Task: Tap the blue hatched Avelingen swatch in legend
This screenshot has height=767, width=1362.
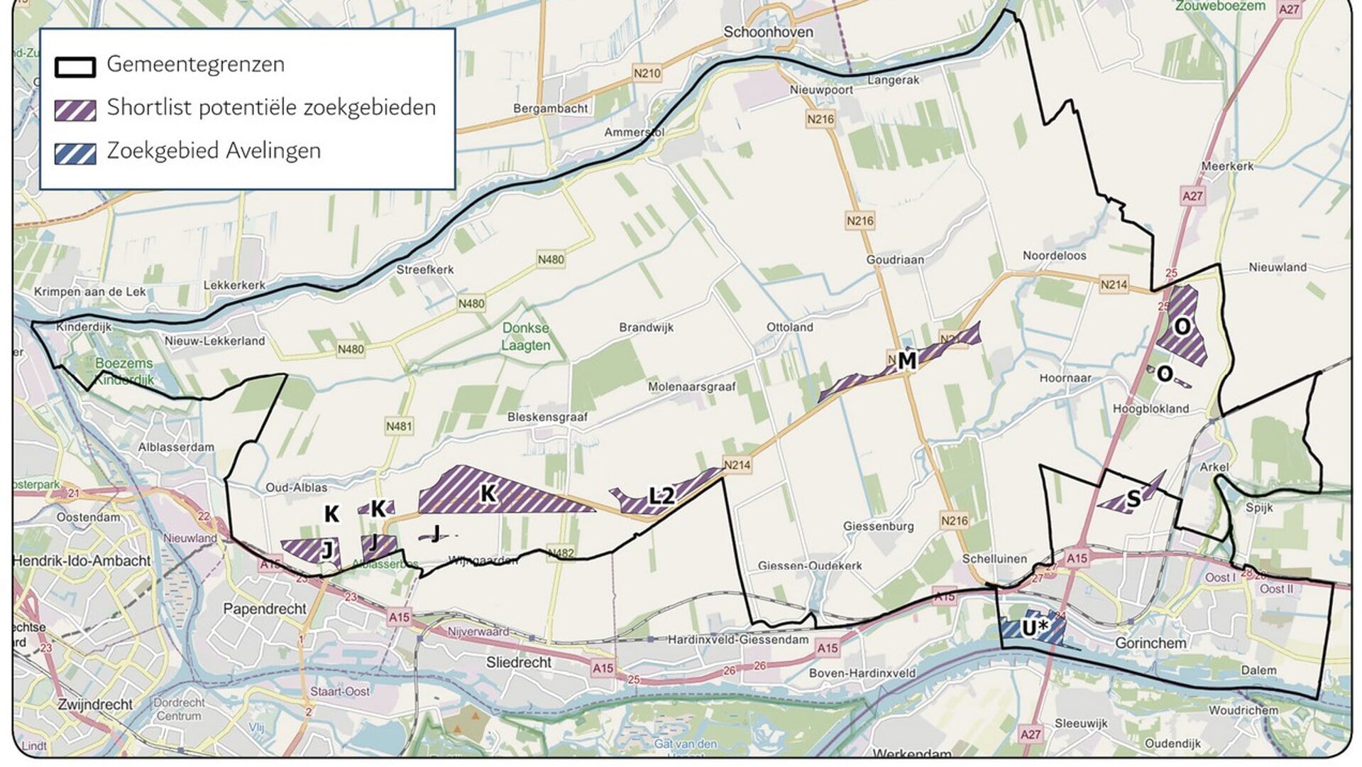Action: coord(75,153)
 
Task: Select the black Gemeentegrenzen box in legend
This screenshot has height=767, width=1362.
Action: coord(75,67)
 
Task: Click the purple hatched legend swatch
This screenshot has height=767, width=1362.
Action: coord(75,110)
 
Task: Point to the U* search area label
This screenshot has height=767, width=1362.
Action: coord(1035,628)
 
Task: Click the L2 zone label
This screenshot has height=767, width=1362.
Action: coord(661,496)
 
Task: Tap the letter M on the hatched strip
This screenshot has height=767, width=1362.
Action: coord(906,361)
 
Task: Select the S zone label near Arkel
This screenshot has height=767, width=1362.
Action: coord(1133,499)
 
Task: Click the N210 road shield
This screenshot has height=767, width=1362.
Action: coord(647,73)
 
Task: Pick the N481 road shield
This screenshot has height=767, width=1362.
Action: coord(399,426)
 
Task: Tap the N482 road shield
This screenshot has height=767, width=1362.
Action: coord(561,553)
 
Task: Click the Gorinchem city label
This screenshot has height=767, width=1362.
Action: coord(1150,643)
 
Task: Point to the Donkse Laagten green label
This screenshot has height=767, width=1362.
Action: coord(525,337)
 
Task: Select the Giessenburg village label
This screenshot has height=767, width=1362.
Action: coord(878,526)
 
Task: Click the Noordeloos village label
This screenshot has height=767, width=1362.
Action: coord(1054,256)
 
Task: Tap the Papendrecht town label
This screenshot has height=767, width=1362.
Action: coord(265,609)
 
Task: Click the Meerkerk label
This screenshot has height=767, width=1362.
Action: coord(1227,166)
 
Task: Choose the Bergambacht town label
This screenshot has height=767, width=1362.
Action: coord(551,109)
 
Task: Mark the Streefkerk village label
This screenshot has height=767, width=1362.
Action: coord(424,270)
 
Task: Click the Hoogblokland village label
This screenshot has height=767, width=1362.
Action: coord(1150,408)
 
